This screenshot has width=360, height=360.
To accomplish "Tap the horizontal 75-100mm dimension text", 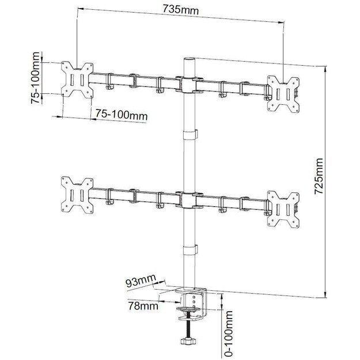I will pos(122,115).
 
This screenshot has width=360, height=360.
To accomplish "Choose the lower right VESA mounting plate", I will pos(283,207).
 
